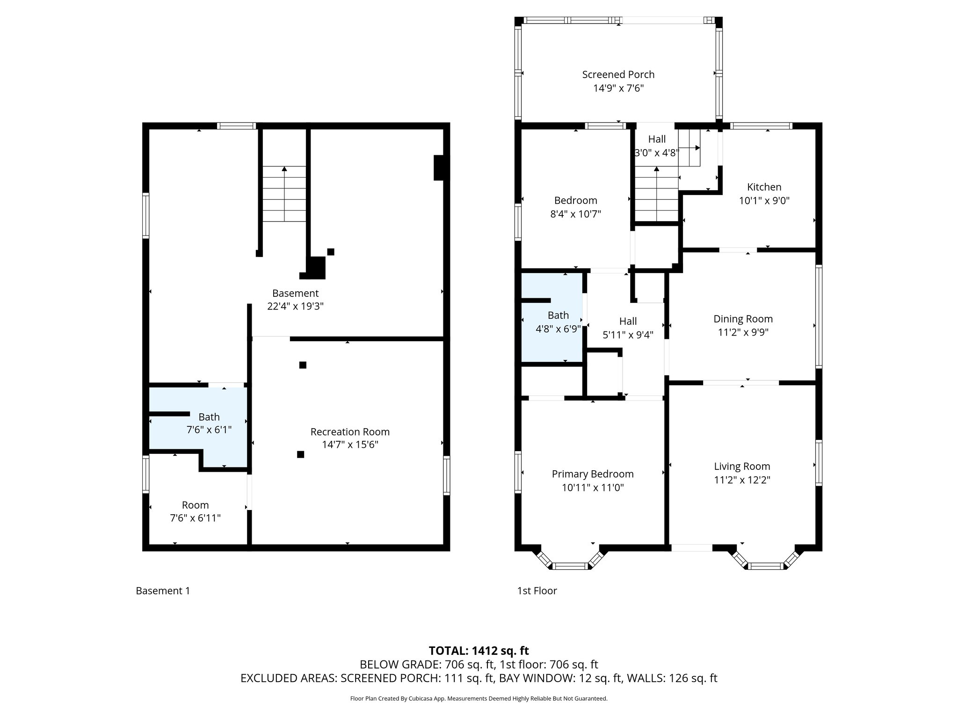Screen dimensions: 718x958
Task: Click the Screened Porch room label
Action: point(618,74)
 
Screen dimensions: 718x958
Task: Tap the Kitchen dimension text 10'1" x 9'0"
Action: point(764,201)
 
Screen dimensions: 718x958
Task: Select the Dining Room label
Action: point(742,319)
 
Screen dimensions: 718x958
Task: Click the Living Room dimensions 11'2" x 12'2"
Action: point(742,480)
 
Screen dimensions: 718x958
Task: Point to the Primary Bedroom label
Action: point(592,474)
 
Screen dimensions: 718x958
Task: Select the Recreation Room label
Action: point(349,432)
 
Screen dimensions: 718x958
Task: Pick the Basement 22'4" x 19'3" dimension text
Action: point(295,306)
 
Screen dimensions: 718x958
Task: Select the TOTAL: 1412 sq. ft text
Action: point(479,651)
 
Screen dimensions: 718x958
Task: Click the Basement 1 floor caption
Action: point(163,591)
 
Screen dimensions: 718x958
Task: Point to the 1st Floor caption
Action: point(537,591)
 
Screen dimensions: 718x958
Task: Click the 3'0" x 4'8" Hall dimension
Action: point(656,152)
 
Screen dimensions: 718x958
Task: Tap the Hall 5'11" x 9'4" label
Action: point(628,328)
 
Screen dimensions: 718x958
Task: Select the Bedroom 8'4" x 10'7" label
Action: point(575,207)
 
